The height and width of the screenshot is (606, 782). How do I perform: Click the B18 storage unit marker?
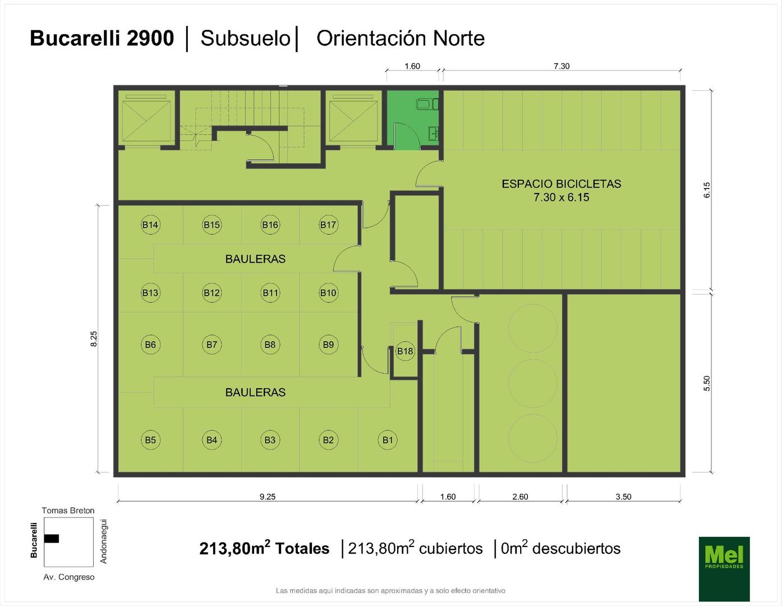tap(405, 351)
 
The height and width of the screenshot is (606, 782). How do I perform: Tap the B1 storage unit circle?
tap(388, 440)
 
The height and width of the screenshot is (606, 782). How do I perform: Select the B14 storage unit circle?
tap(150, 225)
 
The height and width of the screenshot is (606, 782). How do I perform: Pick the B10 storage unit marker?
tap(328, 292)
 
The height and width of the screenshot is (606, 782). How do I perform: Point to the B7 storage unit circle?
tap(211, 345)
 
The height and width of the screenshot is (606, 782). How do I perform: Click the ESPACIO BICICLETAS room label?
tap(562, 184)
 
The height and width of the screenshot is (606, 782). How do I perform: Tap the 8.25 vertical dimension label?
tap(94, 338)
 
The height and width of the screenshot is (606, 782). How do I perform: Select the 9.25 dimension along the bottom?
tap(268, 497)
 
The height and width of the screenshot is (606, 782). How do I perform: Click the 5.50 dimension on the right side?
tap(707, 383)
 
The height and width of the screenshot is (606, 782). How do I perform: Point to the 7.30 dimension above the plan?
tap(562, 66)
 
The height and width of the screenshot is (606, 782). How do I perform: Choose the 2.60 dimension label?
tap(520, 497)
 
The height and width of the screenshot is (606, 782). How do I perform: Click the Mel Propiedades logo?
tap(724, 570)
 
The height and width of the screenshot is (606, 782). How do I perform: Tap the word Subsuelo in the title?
tap(246, 38)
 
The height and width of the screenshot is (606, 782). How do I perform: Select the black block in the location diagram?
tap(52, 538)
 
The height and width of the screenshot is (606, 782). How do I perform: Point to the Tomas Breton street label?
tap(68, 510)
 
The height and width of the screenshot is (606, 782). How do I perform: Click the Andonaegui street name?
tap(103, 541)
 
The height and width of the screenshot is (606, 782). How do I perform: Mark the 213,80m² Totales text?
tap(264, 548)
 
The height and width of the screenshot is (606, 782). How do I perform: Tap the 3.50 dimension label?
tap(623, 497)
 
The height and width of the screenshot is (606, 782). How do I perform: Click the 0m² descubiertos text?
tap(560, 548)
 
